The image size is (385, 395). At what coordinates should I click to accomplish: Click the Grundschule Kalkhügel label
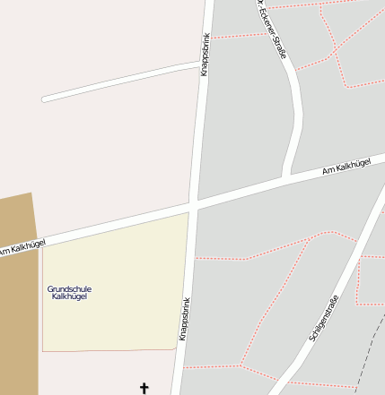(x=69, y=292)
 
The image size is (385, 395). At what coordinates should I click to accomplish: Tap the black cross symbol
(x=144, y=388)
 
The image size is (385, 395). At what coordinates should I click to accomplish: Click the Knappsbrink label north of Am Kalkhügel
(x=206, y=54)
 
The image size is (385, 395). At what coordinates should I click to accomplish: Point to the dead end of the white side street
(x=45, y=99)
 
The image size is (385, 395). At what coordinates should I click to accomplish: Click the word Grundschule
(x=69, y=288)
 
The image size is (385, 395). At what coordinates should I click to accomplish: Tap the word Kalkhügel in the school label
(x=69, y=296)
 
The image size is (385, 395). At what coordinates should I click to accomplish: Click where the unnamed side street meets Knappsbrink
(x=199, y=64)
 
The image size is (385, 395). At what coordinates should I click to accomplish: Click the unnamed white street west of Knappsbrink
(x=117, y=82)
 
